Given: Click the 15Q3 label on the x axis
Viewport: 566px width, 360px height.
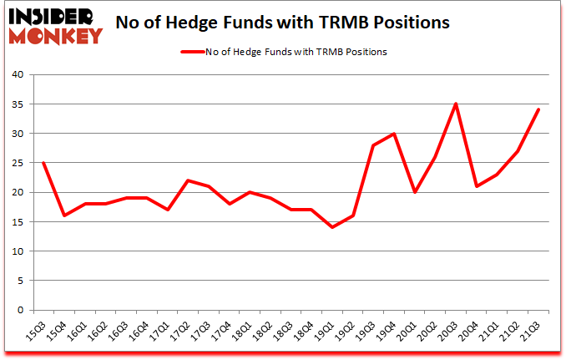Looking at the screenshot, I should coord(38,330).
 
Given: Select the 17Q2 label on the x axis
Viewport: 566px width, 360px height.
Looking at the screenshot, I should coord(183,330).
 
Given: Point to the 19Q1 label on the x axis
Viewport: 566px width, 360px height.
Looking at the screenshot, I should coord(327,330).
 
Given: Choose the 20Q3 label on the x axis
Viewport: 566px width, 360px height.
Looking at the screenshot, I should coord(451,330).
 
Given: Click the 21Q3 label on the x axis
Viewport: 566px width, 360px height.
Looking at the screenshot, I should coord(533,330).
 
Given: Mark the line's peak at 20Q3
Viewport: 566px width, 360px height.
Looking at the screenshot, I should coord(457,104).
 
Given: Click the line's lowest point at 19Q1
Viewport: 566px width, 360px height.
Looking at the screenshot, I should coord(333,227).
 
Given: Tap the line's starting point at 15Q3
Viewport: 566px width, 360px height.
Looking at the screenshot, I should coord(43,163).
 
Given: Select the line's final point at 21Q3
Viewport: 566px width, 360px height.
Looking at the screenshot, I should coord(539,109).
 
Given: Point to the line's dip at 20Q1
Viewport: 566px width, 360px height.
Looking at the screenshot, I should coord(415,192).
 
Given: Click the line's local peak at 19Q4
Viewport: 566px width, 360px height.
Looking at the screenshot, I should coord(394,134).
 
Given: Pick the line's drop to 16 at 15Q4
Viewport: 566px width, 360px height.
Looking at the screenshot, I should coord(64,215).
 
